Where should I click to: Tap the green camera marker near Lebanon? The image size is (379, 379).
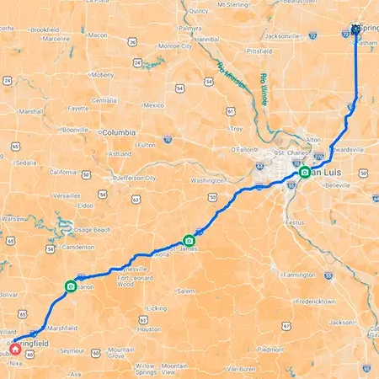[x=70, y=286]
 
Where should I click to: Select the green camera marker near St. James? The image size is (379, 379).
[x=189, y=240]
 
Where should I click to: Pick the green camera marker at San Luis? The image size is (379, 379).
[x=305, y=173]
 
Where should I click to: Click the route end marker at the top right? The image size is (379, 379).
[x=355, y=29]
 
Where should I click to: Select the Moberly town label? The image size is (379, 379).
[x=103, y=74]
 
